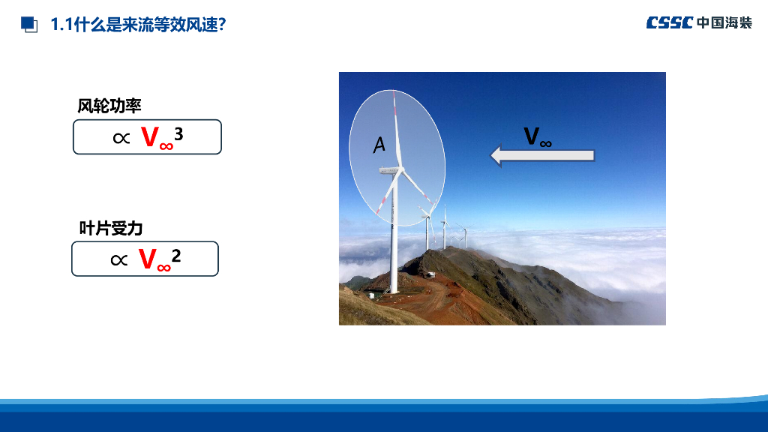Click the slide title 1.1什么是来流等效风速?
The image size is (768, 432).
tap(138, 25)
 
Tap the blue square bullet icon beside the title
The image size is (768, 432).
tap(29, 25)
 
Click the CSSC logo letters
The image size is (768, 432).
tap(670, 22)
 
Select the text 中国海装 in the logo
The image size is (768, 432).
tap(724, 22)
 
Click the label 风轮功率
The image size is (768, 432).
tap(109, 106)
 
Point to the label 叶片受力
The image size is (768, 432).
tap(111, 228)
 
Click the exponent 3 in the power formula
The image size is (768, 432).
tap(178, 133)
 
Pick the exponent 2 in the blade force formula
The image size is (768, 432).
tap(176, 256)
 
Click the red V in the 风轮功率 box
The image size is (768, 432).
tap(150, 136)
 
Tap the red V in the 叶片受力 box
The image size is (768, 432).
tap(148, 259)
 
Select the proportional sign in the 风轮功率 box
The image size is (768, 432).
tap(121, 138)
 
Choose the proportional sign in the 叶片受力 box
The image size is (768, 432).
tap(119, 260)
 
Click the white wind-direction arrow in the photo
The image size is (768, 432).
tap(542, 156)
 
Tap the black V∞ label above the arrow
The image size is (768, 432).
tap(538, 136)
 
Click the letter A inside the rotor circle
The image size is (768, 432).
tap(379, 145)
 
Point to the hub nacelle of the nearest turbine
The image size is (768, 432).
tap(390, 170)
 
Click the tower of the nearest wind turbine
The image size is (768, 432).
tap(393, 234)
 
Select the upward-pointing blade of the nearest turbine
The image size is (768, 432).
tap(397, 130)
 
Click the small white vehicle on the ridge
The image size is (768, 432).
tap(430, 274)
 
